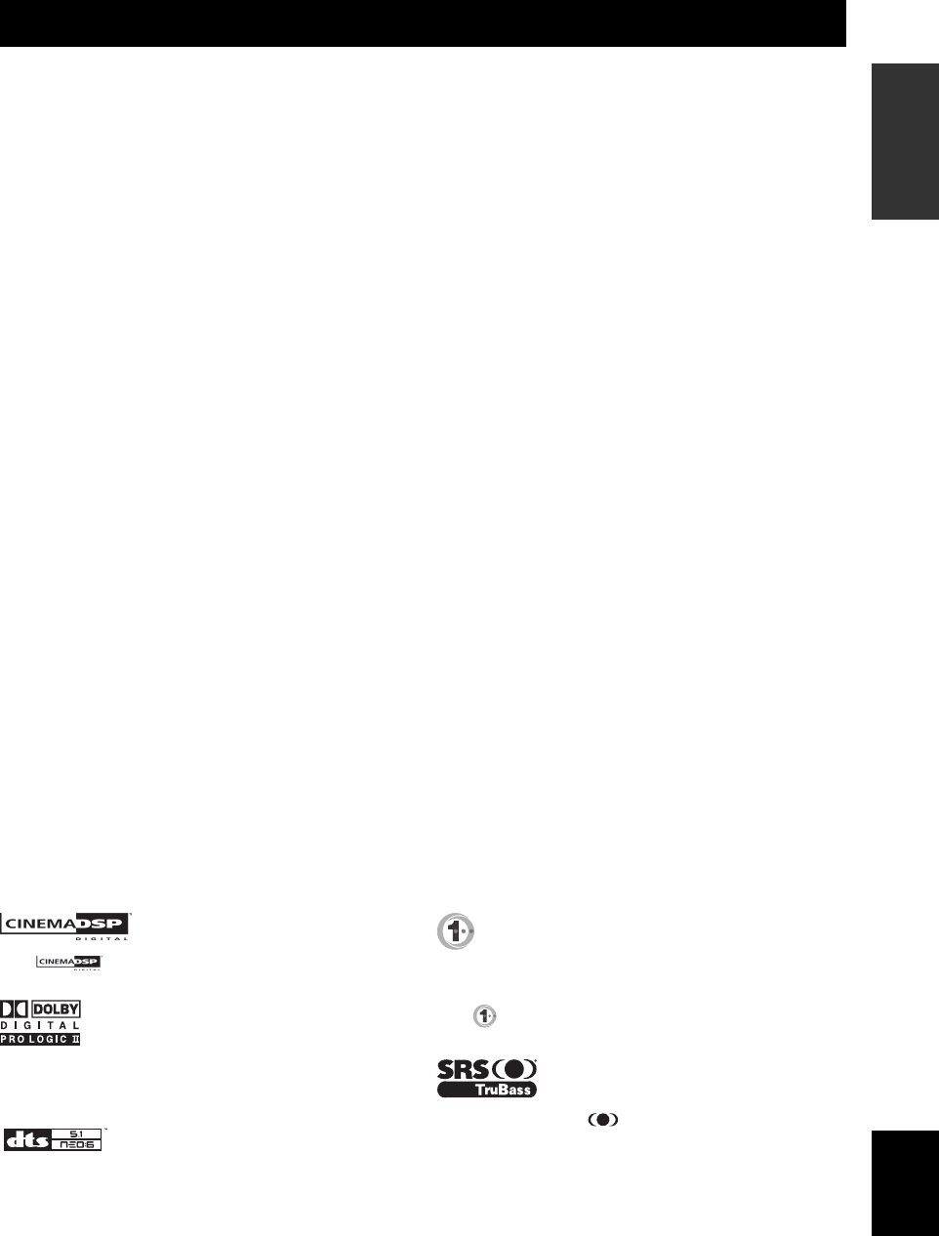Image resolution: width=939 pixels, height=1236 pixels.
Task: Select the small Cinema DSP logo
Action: point(68,963)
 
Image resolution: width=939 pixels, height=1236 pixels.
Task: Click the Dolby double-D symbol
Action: point(15,1009)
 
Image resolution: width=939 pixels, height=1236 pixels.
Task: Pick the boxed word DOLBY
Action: point(57,1009)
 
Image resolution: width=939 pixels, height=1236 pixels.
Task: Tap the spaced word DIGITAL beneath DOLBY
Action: point(40,1025)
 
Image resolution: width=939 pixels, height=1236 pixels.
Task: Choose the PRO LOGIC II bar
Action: point(40,1039)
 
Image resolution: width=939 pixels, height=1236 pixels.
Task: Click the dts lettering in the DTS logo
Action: point(26,1139)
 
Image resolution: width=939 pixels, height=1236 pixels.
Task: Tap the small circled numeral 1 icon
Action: point(484,1016)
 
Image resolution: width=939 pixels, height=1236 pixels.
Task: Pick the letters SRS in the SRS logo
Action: point(463,1068)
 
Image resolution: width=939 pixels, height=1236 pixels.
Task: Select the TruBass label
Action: point(486,1089)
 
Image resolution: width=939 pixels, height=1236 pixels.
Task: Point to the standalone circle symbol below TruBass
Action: point(602,1121)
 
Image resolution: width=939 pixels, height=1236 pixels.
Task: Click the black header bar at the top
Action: point(422,23)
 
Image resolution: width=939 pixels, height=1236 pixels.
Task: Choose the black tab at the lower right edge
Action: point(905,1182)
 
